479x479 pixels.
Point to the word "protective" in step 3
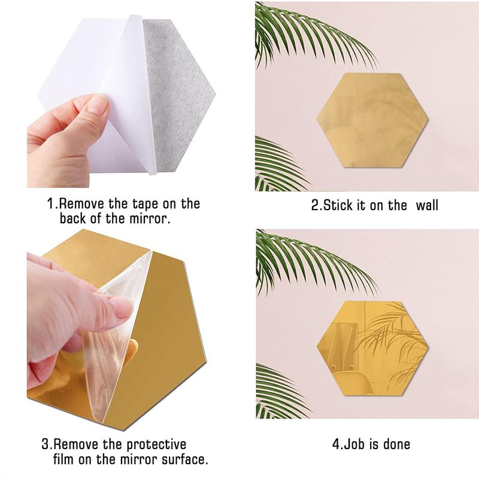(151, 445)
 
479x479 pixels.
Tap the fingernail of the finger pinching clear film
(123, 308)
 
